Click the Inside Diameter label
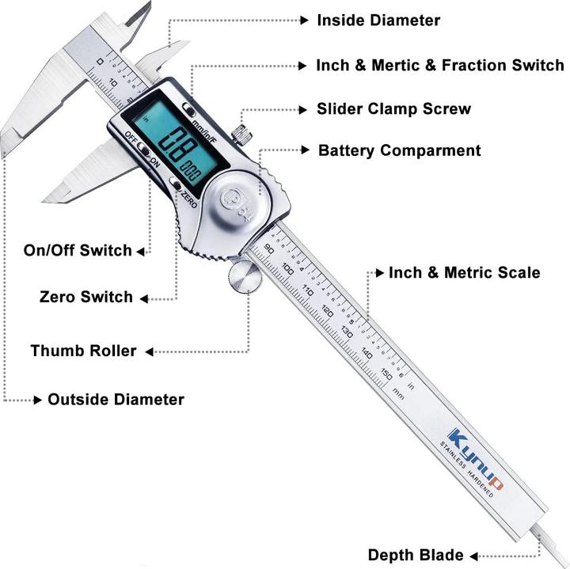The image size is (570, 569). pos(378,21)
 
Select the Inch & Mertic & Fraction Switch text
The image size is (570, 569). pos(439,65)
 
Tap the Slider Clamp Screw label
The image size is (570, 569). pos(393,108)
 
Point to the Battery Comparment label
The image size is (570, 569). pos(399,150)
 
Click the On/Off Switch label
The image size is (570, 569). pos(78,251)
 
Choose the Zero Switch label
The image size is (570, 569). pos(86,298)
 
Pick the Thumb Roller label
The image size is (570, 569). pos(83,351)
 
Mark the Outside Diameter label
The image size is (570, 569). pos(116,400)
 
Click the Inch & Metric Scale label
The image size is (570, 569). pos(464,273)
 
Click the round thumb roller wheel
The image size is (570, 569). pos(244,277)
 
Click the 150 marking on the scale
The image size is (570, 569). pos(386,374)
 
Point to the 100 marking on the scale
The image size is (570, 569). pos(288,271)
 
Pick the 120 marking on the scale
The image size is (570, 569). pos(327,311)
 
